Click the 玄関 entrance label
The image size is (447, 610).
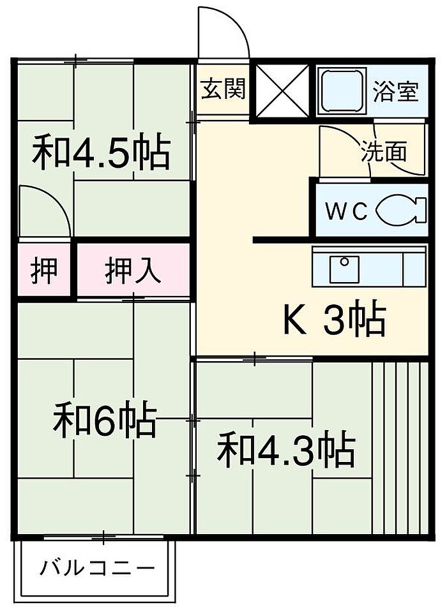coord(223,89)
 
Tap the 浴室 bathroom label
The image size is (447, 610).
coord(396,91)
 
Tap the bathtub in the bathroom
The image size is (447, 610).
coord(342,91)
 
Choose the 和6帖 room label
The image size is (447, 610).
coord(104,419)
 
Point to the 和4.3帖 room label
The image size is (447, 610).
coord(285,449)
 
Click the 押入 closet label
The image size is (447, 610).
coord(133,271)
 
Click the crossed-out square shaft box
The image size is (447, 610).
coord(282,91)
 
